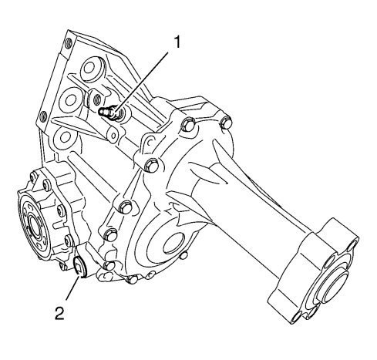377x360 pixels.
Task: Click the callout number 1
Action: pos(177,42)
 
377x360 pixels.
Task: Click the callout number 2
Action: pos(59,314)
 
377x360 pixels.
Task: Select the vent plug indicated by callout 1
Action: pos(109,113)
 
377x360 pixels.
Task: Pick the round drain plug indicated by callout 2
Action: pos(80,267)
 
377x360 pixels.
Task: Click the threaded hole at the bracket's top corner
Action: pos(69,43)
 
